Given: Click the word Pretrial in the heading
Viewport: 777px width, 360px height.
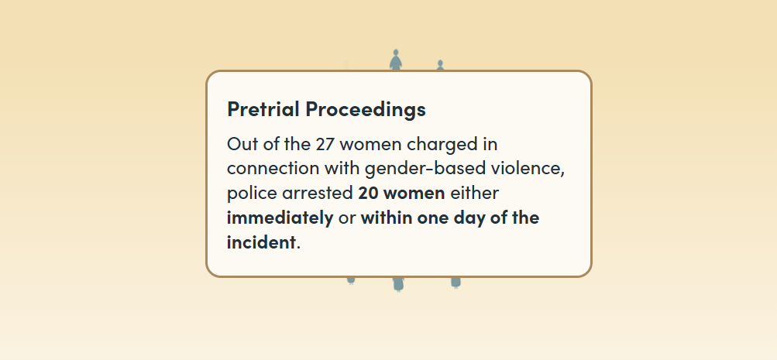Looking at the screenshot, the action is (263, 109).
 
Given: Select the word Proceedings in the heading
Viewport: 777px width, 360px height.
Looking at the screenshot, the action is (366, 110).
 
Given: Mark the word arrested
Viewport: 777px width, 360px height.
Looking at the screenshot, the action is (318, 194).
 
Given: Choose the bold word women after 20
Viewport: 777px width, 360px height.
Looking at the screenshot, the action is (414, 194).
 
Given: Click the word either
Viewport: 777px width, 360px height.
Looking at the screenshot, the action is (474, 193).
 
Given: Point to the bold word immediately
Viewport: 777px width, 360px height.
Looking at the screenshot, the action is (280, 218).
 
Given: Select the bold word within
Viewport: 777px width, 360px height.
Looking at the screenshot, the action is (387, 218).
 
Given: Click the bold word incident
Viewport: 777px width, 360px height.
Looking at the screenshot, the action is (260, 242).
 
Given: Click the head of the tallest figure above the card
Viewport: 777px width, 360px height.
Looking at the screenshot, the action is (395, 52).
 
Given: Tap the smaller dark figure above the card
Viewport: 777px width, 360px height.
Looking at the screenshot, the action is (440, 65).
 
